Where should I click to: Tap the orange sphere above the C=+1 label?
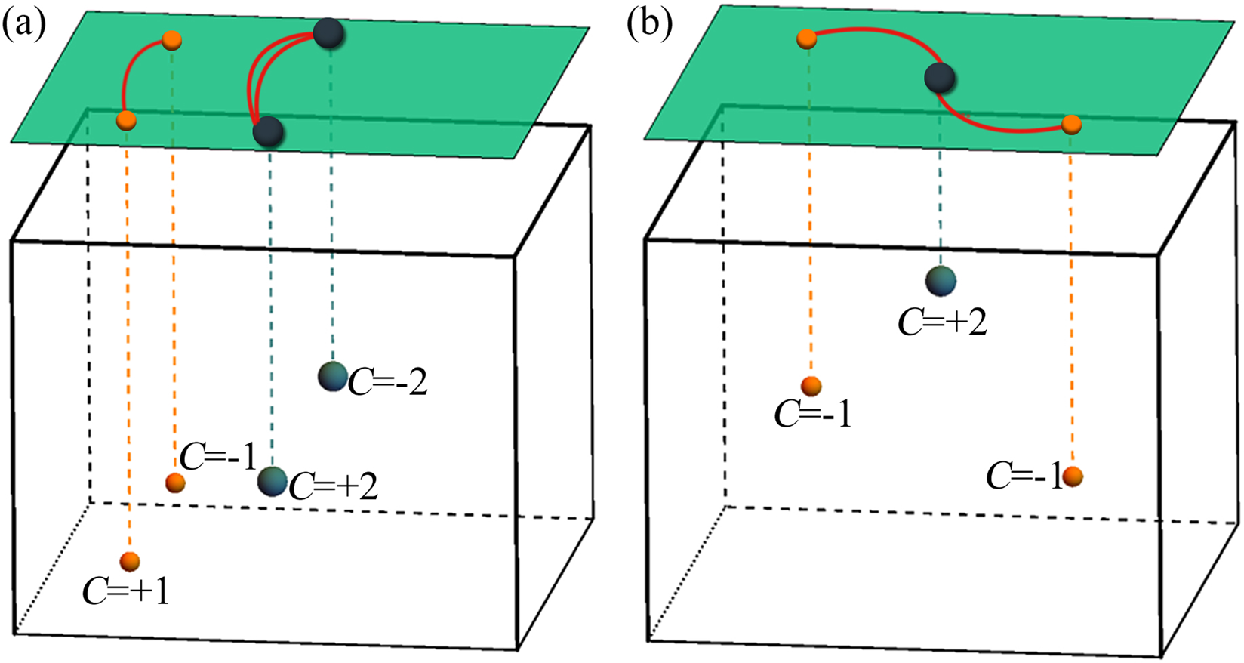tap(130, 561)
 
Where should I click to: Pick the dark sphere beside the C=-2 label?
tap(333, 376)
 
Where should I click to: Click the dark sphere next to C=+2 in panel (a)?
tap(272, 481)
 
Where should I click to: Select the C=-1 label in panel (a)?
tap(218, 458)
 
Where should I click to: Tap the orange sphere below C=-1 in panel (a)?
tap(174, 482)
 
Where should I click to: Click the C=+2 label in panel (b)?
tap(942, 322)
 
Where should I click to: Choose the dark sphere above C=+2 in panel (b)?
tap(941, 280)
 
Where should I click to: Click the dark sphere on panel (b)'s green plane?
tap(941, 77)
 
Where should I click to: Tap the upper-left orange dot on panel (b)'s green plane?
tap(806, 38)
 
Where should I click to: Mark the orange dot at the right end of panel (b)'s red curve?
tap(1071, 124)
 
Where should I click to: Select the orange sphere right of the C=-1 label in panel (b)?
tap(1073, 476)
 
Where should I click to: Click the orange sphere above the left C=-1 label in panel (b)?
tap(811, 387)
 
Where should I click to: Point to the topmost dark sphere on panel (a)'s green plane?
tap(329, 34)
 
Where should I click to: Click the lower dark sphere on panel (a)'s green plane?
tap(268, 132)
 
